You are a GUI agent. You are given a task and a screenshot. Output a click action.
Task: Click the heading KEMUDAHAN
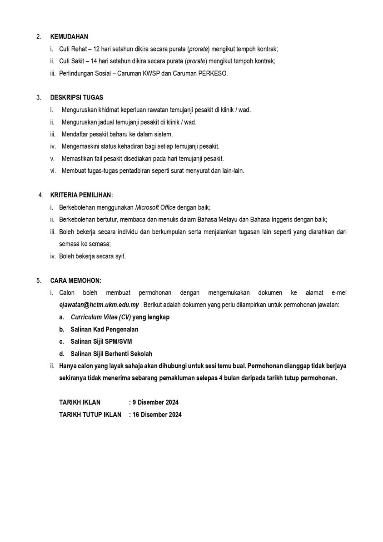click(x=69, y=37)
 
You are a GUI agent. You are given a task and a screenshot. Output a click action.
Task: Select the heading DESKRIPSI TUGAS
click(x=76, y=98)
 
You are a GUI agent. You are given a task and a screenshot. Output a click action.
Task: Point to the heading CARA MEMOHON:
click(x=75, y=281)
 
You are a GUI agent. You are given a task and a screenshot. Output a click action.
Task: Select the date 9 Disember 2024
click(x=155, y=402)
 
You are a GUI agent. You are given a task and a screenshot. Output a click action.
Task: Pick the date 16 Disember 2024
click(x=157, y=415)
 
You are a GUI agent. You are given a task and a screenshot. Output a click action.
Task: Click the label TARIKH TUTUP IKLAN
click(x=90, y=415)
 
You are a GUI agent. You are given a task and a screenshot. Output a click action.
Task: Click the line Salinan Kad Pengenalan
click(x=104, y=329)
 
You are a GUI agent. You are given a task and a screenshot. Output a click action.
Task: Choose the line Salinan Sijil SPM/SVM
click(x=101, y=341)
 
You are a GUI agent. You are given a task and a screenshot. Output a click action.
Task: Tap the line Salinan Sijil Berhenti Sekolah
click(x=111, y=354)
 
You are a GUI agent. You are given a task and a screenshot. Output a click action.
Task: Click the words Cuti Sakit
click(x=71, y=61)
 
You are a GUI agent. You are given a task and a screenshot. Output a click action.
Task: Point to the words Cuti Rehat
click(x=72, y=49)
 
